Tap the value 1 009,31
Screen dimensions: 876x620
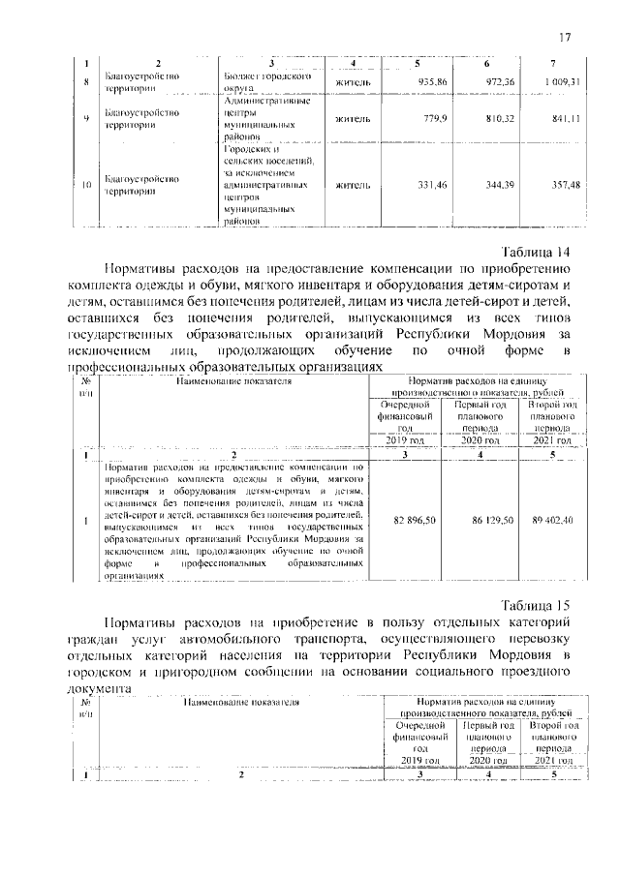tap(561, 81)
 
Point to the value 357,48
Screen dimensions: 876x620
tap(563, 184)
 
